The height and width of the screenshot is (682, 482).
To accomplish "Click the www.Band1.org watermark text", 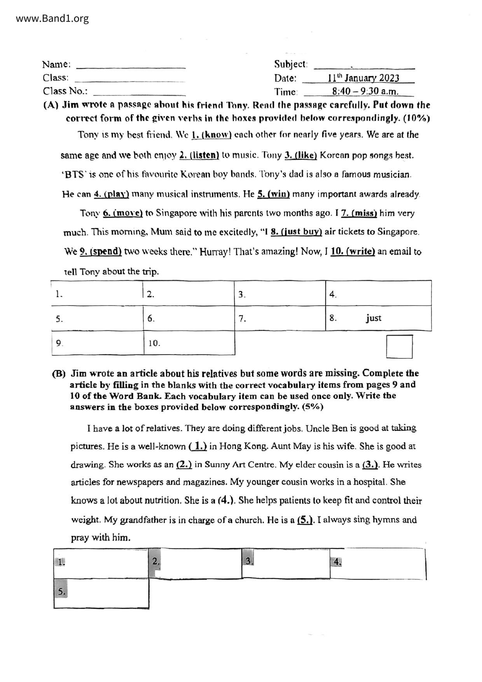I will coord(52,18).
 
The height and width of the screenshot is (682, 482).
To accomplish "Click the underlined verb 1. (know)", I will coord(212,135).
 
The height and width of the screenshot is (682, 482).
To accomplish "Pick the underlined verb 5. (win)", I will coord(274,194).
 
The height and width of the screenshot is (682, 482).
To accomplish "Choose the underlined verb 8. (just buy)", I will coord(296,232).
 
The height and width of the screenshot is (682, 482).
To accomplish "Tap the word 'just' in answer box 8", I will coord(373,318).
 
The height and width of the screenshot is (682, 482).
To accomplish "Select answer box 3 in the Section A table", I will coord(280,294).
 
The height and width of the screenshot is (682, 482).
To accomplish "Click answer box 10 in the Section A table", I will coord(189,343).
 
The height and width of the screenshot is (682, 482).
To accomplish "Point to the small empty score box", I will coord(399,346).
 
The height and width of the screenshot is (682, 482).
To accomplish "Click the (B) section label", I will coord(59,374).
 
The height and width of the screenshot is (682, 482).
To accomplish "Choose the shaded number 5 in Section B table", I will coord(61,592).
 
